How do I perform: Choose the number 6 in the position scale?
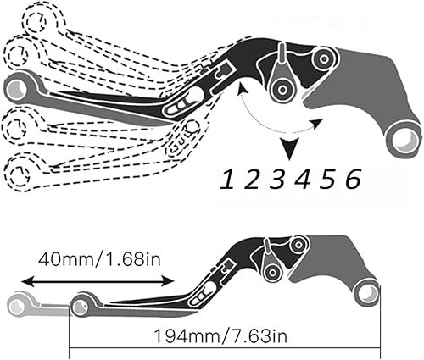click(x=353, y=180)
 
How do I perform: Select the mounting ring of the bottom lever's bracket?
click(x=366, y=293)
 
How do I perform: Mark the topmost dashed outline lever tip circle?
click(x=38, y=19)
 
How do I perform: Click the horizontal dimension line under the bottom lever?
click(x=220, y=346)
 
